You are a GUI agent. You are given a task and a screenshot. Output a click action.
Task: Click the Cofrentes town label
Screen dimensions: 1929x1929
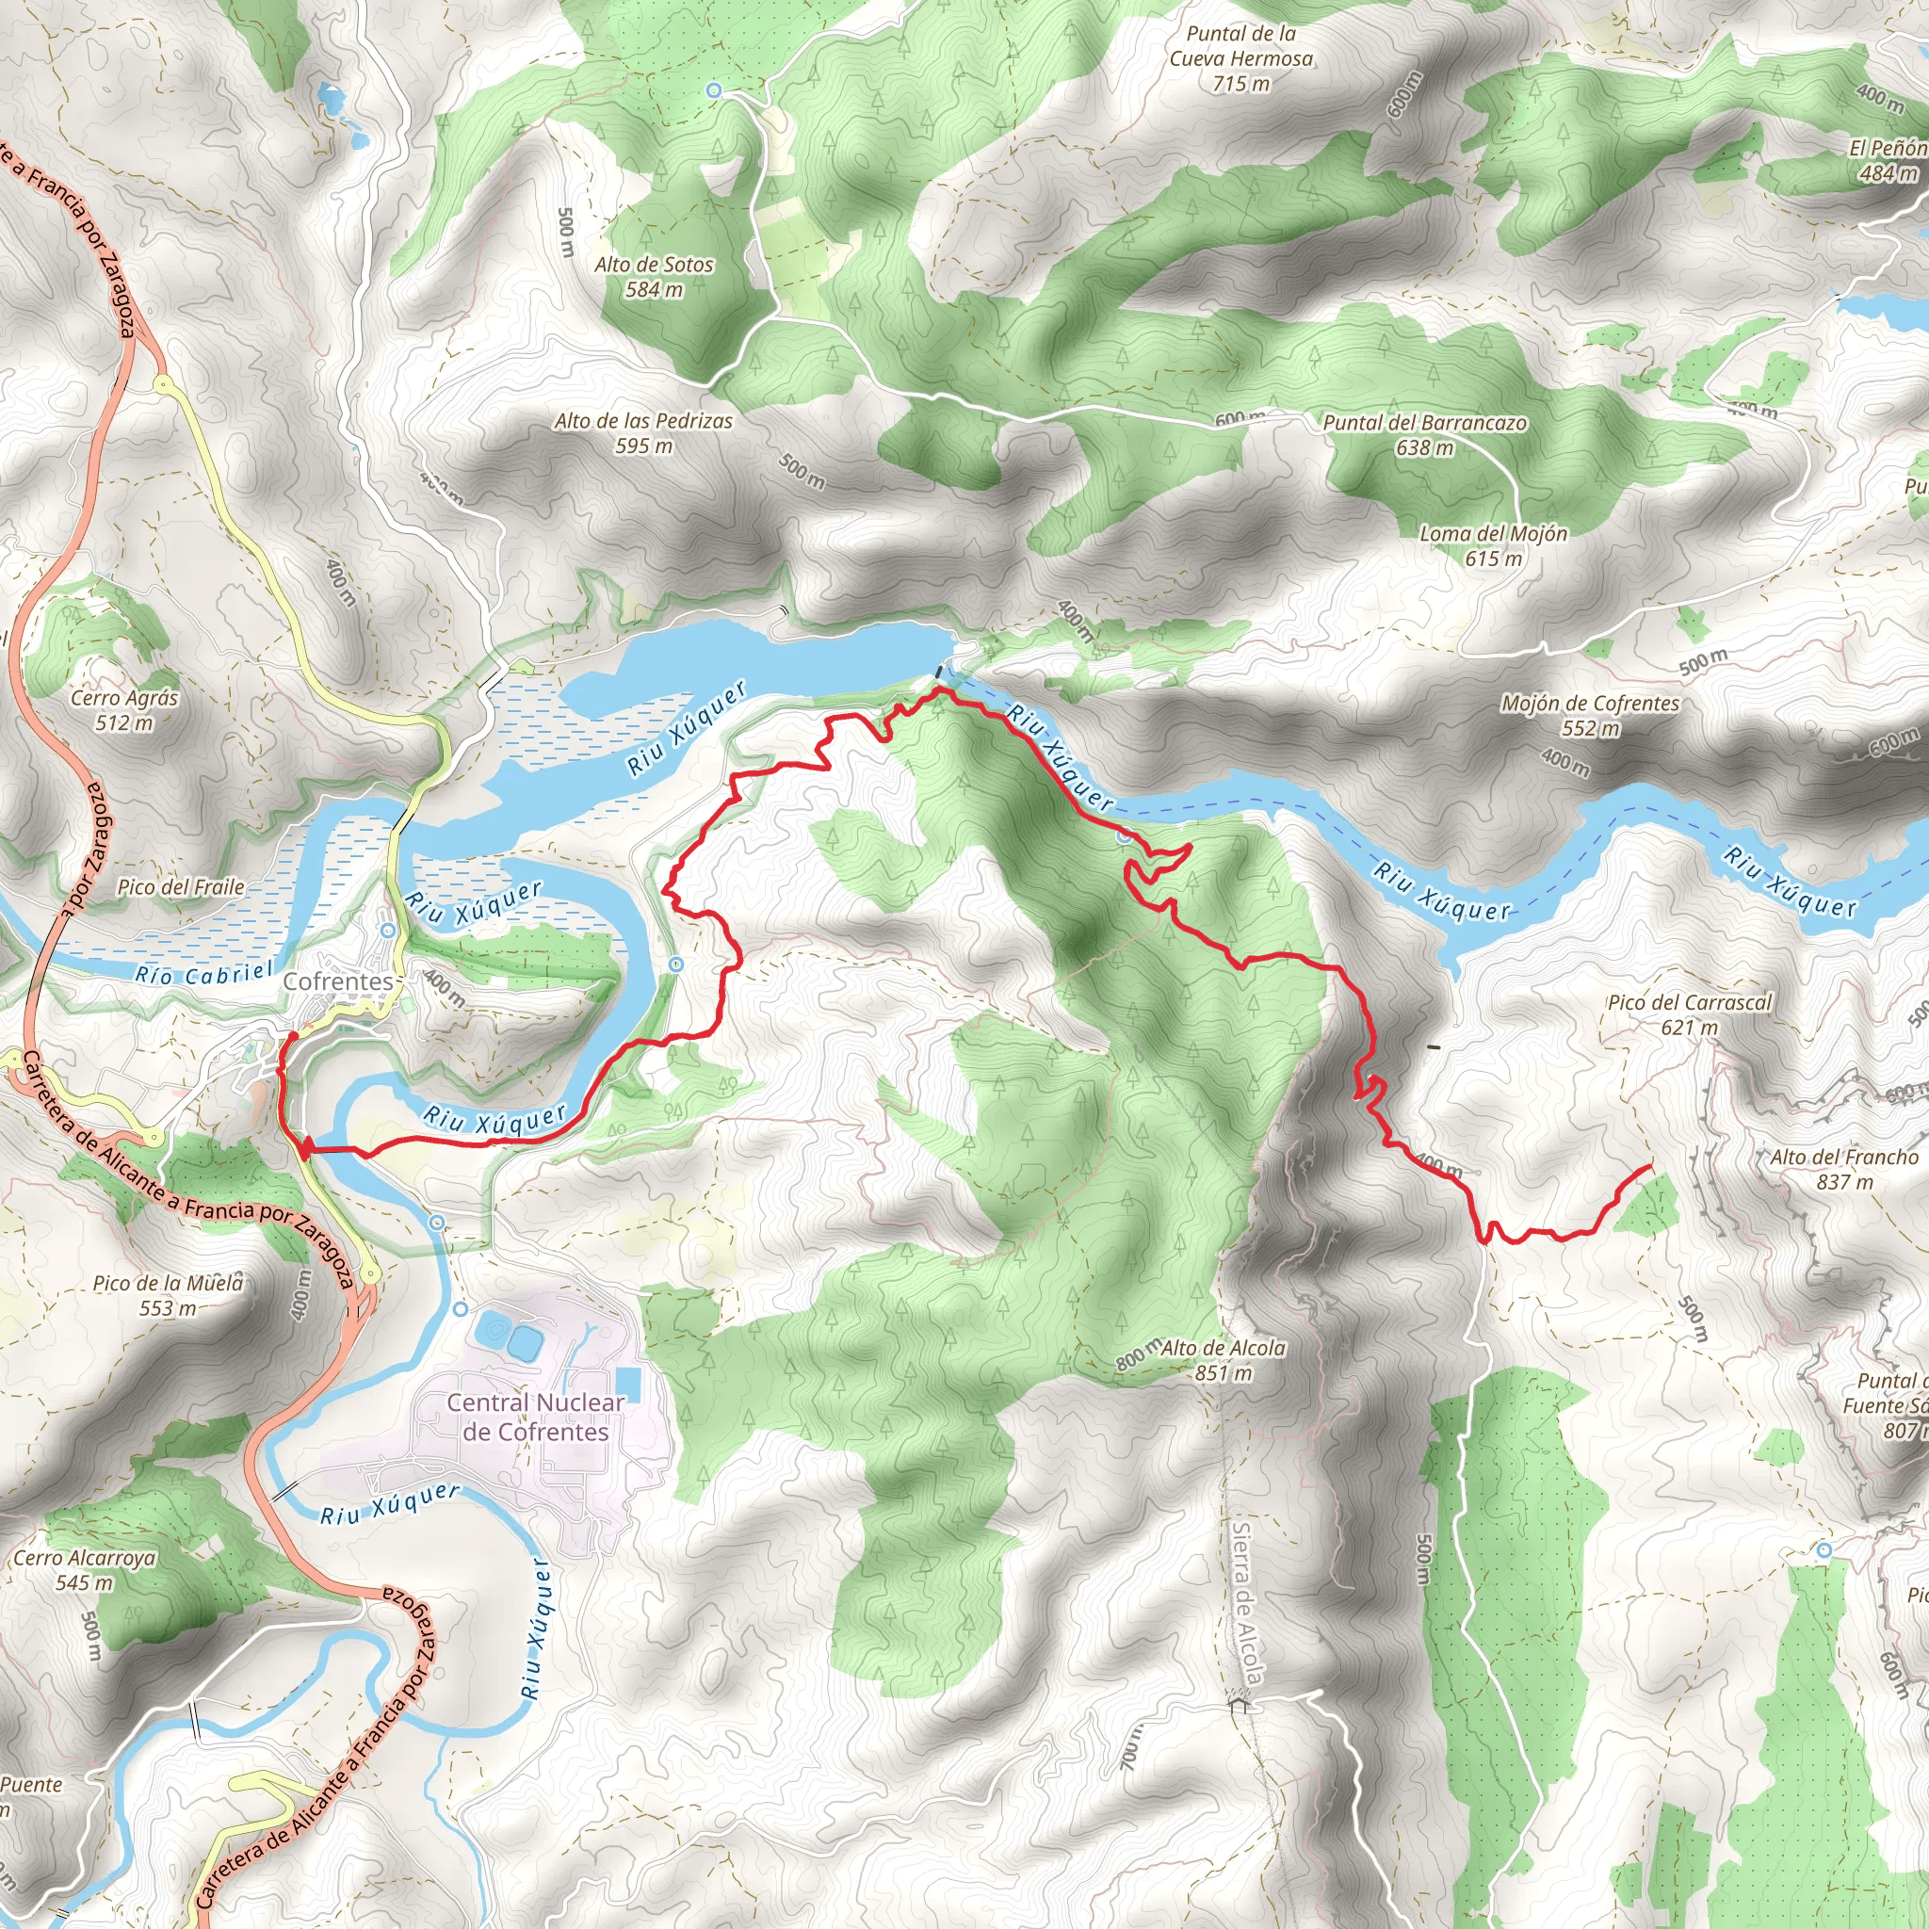pyautogui.click(x=338, y=981)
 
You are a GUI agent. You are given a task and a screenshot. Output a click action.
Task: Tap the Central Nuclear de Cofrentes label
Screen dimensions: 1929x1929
pyautogui.click(x=535, y=1417)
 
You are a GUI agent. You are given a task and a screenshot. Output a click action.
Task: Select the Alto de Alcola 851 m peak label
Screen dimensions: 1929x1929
pyautogui.click(x=1224, y=1360)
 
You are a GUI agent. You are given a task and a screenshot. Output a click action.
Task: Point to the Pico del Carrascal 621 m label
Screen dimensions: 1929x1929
pyautogui.click(x=1690, y=1014)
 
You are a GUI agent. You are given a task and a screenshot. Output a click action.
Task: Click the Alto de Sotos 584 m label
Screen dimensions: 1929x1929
pyautogui.click(x=654, y=277)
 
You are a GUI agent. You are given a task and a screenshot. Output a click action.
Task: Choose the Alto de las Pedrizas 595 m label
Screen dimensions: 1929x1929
pyautogui.click(x=643, y=433)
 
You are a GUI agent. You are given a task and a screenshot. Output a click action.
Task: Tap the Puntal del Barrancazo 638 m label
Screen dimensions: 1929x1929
pyautogui.click(x=1424, y=434)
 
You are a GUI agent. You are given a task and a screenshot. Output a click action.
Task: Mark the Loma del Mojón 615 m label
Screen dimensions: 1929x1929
pyautogui.click(x=1493, y=545)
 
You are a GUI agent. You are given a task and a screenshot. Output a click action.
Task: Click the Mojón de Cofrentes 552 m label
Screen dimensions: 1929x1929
pyautogui.click(x=1590, y=715)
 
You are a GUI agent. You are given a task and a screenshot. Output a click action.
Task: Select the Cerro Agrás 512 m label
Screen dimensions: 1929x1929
pyautogui.click(x=123, y=710)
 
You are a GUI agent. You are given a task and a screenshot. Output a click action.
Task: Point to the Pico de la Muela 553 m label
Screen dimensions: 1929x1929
pyautogui.click(x=168, y=1295)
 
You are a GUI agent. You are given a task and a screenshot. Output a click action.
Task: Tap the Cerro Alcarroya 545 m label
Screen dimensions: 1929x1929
pyautogui.click(x=84, y=1569)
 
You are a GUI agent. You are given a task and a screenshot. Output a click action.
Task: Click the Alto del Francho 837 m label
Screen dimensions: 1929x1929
pyautogui.click(x=1844, y=1169)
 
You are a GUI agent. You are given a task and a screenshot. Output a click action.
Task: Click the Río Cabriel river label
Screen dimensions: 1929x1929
pyautogui.click(x=203, y=972)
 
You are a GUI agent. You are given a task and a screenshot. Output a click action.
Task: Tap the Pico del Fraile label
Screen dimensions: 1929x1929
pyautogui.click(x=181, y=886)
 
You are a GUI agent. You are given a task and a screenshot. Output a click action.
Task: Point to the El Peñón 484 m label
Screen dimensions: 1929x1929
pyautogui.click(x=1886, y=160)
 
